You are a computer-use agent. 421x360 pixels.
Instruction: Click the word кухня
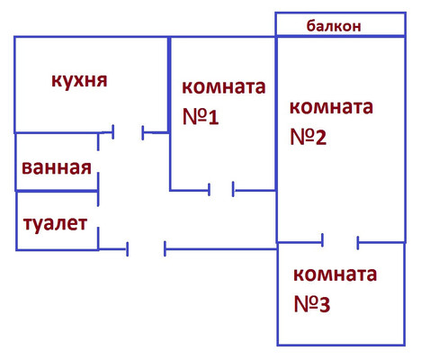tap(79, 80)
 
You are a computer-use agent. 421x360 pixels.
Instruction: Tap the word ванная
tap(57, 167)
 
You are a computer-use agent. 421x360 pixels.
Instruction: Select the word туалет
tap(56, 224)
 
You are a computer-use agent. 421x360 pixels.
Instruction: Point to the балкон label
tap(334, 26)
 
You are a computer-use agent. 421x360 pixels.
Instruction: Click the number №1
tap(201, 117)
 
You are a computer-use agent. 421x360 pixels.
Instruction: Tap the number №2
tap(308, 137)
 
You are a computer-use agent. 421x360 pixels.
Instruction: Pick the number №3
tap(312, 304)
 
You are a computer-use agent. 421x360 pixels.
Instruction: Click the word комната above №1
tap(224, 87)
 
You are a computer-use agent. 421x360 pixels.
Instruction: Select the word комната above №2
tap(331, 107)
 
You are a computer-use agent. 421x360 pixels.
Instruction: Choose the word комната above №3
tap(335, 274)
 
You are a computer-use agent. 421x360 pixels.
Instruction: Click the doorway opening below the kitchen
tap(128, 132)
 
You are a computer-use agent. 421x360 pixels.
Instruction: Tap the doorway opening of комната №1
tap(221, 190)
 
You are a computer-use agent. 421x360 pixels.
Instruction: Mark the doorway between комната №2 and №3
tap(340, 242)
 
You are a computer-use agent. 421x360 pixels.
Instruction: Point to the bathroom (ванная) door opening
tap(98, 161)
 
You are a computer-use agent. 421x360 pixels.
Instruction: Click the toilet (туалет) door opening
tap(98, 216)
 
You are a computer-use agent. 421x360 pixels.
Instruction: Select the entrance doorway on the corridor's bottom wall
tap(146, 249)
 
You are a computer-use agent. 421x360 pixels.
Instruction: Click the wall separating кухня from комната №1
tap(169, 85)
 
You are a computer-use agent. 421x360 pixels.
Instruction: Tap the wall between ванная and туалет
tap(57, 191)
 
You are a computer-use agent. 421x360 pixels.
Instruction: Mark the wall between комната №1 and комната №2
tap(276, 113)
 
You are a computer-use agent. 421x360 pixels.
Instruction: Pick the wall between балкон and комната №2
tap(341, 36)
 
